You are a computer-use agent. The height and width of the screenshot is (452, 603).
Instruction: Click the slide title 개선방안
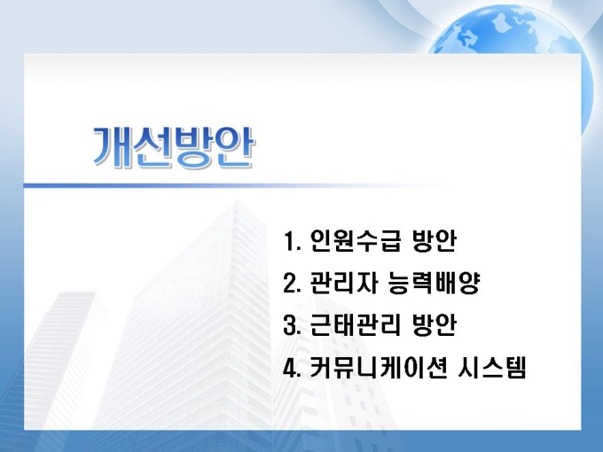coord(174,147)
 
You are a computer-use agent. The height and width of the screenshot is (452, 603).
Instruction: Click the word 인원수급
coord(356,240)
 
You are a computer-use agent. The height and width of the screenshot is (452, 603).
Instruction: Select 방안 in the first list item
coord(435,240)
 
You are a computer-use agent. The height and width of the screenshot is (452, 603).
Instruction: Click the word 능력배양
coord(435,283)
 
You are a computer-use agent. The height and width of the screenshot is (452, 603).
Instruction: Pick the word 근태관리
coord(356,325)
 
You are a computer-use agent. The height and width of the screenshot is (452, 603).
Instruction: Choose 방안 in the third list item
coord(435,325)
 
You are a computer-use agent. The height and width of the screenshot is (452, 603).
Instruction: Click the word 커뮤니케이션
coord(379,368)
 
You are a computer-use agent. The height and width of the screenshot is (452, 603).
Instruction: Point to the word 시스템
coord(492,368)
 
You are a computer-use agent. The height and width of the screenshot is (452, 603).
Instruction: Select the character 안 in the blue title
coord(235,147)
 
